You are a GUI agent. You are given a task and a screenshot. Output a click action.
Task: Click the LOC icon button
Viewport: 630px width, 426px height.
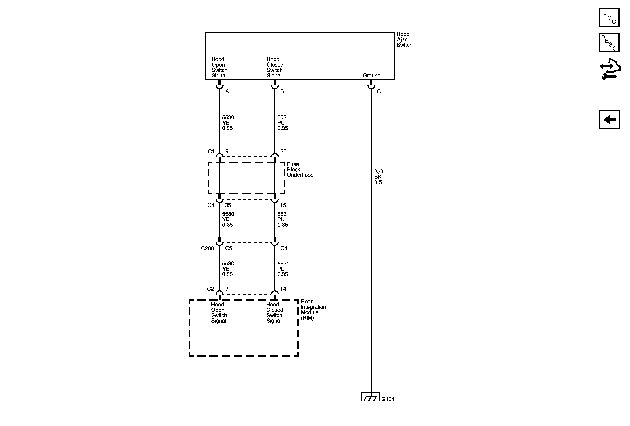[x=609, y=18]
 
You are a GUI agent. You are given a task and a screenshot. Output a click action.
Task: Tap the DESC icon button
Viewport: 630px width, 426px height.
[x=609, y=43]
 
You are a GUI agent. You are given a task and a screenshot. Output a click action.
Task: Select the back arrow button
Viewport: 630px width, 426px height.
[x=609, y=120]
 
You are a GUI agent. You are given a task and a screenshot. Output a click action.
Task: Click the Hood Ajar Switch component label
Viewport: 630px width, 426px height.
[x=404, y=39]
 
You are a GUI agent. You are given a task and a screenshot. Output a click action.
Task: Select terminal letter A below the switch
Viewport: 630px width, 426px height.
[x=227, y=91]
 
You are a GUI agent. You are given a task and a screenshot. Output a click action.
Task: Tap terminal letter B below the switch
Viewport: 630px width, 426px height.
[x=282, y=91]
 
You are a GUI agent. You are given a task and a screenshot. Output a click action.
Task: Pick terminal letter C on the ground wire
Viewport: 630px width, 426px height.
[x=379, y=91]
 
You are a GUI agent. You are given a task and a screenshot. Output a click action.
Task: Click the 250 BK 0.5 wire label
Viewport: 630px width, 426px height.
[x=378, y=177]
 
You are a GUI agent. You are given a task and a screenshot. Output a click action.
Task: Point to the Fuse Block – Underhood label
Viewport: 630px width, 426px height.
[x=300, y=169]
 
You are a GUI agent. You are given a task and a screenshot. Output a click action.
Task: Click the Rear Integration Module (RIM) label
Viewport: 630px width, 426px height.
[x=313, y=310]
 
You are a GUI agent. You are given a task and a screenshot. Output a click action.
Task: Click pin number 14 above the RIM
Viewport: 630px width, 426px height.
[x=283, y=289]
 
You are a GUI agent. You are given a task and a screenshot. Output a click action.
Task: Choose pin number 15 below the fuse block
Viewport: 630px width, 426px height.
[x=283, y=205]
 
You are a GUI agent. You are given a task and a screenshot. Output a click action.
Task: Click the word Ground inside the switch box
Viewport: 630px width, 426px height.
[x=371, y=76]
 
